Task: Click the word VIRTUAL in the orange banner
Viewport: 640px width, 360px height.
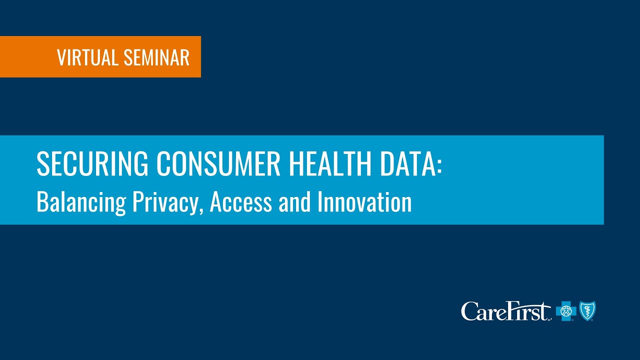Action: [88, 58]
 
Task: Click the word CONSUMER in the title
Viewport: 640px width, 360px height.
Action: [217, 163]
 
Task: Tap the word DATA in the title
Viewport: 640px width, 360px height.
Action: [409, 163]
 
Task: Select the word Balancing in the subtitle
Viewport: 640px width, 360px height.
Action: [81, 202]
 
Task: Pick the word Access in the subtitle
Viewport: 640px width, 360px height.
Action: [241, 202]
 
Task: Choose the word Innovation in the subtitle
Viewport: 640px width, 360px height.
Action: [364, 202]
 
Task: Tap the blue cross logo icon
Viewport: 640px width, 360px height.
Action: [566, 311]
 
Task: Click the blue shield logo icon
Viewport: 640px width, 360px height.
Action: [587, 310]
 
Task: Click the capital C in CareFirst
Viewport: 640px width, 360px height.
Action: [469, 311]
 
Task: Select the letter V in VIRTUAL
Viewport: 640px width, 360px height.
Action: [61, 58]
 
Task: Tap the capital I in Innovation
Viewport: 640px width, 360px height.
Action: [320, 202]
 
